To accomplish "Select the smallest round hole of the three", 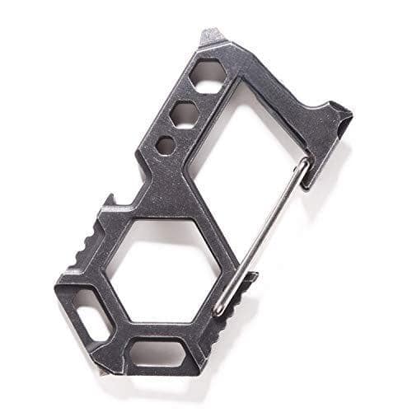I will [x=166, y=146].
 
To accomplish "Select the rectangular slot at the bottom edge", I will [x=157, y=353].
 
